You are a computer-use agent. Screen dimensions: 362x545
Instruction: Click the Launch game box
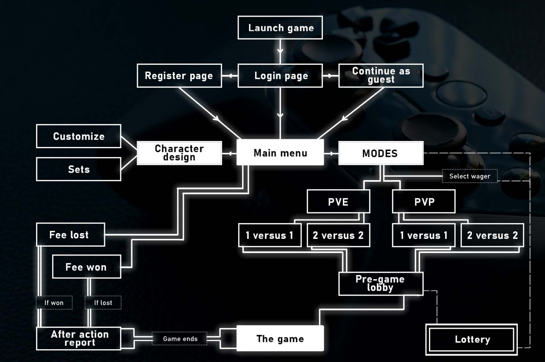280,28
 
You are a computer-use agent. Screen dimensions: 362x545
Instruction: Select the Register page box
179,76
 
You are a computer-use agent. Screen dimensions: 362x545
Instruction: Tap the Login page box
280,76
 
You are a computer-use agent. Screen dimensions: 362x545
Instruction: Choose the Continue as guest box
381,76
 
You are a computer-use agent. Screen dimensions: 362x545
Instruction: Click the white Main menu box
280,153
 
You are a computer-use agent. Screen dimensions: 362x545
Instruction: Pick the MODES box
381,153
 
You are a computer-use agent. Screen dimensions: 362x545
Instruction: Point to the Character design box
179,153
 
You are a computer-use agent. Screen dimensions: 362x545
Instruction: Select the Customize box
78,136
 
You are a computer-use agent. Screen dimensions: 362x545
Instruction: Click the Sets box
78,169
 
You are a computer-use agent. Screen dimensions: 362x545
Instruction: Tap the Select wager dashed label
470,176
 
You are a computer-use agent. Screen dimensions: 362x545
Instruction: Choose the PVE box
338,201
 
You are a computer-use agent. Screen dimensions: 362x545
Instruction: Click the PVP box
424,201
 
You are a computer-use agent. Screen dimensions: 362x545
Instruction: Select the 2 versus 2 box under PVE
338,235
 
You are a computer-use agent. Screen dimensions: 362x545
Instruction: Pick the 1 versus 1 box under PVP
424,235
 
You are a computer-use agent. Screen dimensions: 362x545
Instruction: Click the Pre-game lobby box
381,284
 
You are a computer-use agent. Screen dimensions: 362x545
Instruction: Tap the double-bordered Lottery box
472,339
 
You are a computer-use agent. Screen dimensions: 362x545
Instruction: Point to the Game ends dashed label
180,339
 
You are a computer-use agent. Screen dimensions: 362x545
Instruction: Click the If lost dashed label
103,303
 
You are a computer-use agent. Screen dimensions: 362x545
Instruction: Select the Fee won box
86,267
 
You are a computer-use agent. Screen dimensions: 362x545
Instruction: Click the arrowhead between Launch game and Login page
280,51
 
